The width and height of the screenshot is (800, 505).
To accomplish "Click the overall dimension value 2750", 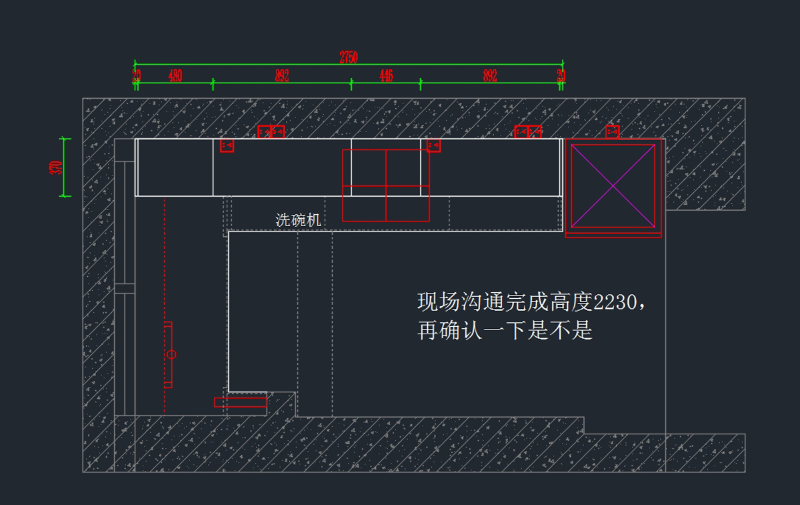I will [x=349, y=58].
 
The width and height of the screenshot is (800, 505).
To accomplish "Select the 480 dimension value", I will [x=175, y=76].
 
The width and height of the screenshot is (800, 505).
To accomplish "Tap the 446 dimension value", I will [x=386, y=76].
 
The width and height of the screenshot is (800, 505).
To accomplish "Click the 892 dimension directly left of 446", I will [x=282, y=76].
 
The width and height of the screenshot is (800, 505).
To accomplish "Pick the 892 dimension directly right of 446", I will [x=490, y=76].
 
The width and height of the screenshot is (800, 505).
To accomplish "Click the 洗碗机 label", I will [x=299, y=220].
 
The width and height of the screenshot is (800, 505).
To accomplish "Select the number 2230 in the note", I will [x=615, y=302].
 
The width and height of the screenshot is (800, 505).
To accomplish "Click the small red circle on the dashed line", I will [x=171, y=354].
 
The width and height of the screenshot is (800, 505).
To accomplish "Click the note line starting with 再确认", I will [x=505, y=330].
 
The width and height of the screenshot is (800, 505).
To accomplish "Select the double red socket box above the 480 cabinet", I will [x=271, y=131].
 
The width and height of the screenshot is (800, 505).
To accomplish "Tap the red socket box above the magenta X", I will [x=613, y=131].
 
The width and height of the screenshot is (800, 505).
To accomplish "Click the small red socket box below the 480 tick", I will [x=227, y=145].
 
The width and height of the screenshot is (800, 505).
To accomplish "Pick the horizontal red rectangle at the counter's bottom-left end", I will [x=240, y=402].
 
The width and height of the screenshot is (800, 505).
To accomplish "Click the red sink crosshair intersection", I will [x=386, y=186].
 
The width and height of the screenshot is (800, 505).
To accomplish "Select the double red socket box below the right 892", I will [x=528, y=131].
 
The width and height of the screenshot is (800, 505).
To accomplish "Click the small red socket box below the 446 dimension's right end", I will [x=433, y=145].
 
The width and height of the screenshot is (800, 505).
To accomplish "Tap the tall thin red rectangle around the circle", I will [x=168, y=354].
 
